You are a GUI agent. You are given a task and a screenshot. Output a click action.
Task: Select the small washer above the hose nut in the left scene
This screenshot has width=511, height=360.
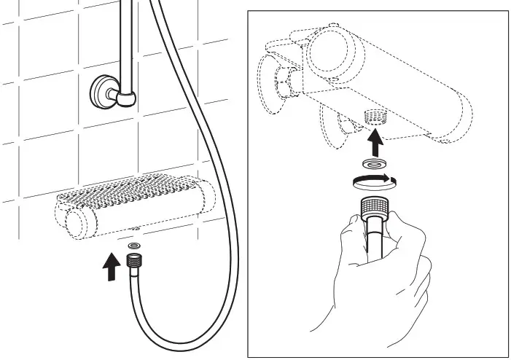coord(134,248)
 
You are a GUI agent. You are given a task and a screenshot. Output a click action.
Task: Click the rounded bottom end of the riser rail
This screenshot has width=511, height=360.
coord(129,98)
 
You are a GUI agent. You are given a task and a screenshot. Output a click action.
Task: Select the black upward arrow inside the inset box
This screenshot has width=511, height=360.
coord(376,138)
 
